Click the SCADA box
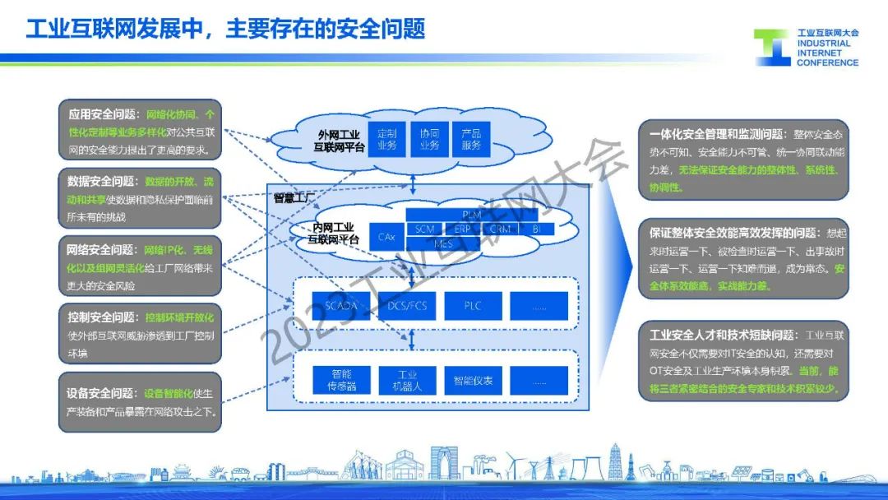click(x=340, y=306)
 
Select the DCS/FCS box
click(x=406, y=306)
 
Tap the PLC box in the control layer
click(x=472, y=306)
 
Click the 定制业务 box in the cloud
click(x=387, y=139)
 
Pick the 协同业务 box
click(x=429, y=139)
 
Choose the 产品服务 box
click(x=471, y=139)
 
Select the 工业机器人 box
click(x=406, y=380)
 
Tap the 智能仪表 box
click(x=472, y=380)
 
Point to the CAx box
click(x=386, y=237)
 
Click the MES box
click(x=442, y=243)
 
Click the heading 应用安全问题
click(x=104, y=114)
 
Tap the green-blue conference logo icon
click(x=772, y=48)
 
